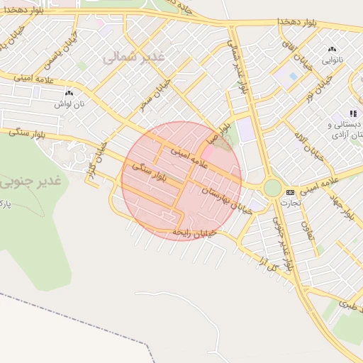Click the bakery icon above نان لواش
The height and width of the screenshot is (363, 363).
pos(69,93)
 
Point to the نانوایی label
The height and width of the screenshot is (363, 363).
pos(332,60)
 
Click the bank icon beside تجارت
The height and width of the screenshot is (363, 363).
pos(290,192)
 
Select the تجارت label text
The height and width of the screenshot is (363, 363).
pos(290,203)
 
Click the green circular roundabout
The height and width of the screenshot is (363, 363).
pos(272,188)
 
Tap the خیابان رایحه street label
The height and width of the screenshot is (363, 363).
pos(192,232)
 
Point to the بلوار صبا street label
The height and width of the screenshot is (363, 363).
pos(225,133)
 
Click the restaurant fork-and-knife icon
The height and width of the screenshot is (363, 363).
pos(353,113)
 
